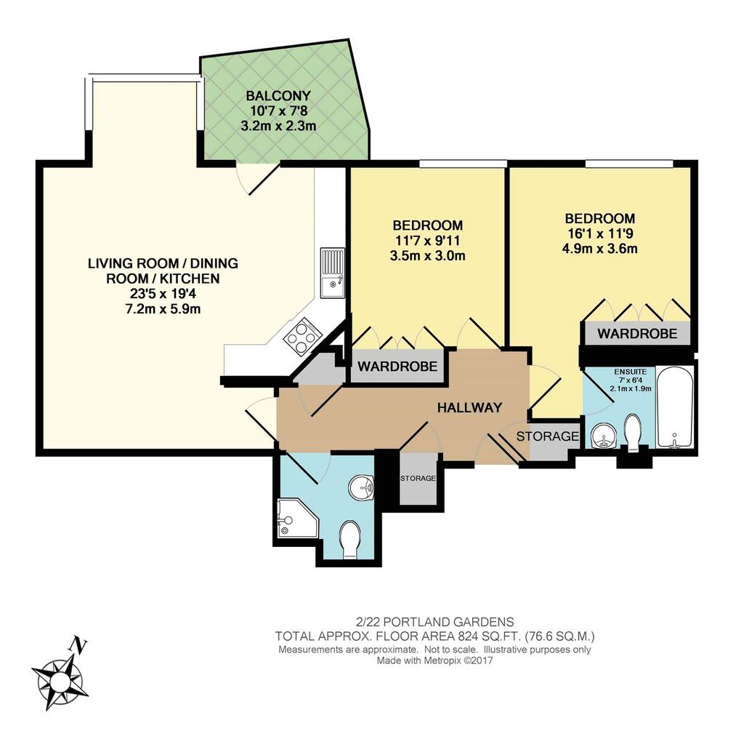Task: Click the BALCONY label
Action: click(x=278, y=95)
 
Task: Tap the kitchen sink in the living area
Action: click(x=333, y=272)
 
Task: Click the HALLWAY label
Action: click(x=469, y=407)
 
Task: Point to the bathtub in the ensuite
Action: click(x=675, y=407)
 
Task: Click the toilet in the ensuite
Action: click(x=634, y=431)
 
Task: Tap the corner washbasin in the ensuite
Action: click(x=604, y=436)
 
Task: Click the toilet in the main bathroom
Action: click(x=352, y=540)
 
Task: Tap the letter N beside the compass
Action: click(x=78, y=645)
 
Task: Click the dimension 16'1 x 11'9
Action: click(x=599, y=233)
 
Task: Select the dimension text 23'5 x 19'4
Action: click(x=162, y=294)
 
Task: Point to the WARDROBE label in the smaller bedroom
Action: click(x=397, y=366)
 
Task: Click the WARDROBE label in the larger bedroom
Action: click(x=637, y=333)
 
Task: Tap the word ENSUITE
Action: click(x=630, y=372)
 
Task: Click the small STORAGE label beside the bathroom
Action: click(x=418, y=479)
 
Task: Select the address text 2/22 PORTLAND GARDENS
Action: click(x=434, y=622)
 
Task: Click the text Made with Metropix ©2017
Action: click(x=434, y=660)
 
